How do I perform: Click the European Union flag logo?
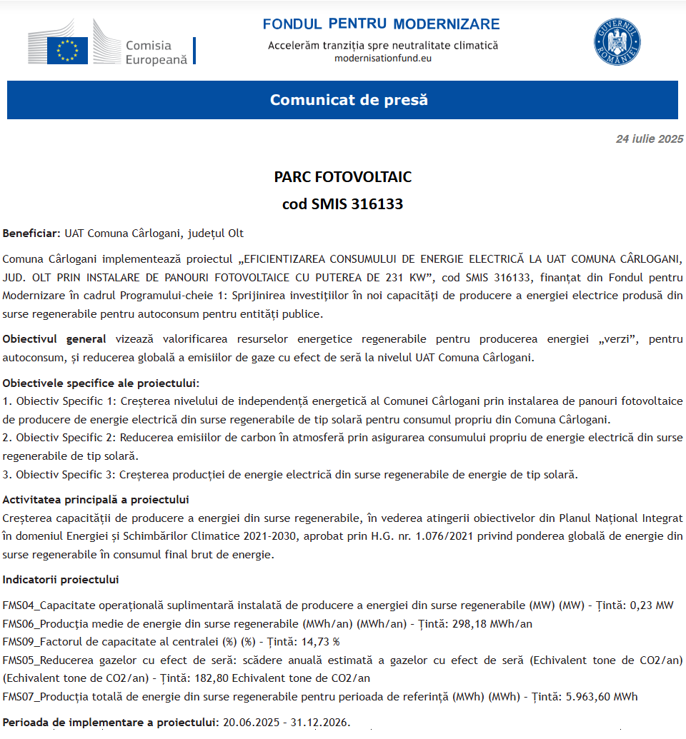tap(68, 50)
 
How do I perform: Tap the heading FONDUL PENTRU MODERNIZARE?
tap(381, 24)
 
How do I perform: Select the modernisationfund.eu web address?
tap(383, 58)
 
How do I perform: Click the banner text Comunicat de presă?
tap(349, 100)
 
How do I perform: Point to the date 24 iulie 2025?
tap(649, 139)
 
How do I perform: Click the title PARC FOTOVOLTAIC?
tap(343, 176)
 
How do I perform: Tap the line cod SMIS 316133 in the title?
tap(343, 204)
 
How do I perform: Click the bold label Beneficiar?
tap(31, 233)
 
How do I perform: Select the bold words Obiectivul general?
tap(54, 339)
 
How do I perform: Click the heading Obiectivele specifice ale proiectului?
tap(101, 383)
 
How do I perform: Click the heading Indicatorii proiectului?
tap(61, 579)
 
